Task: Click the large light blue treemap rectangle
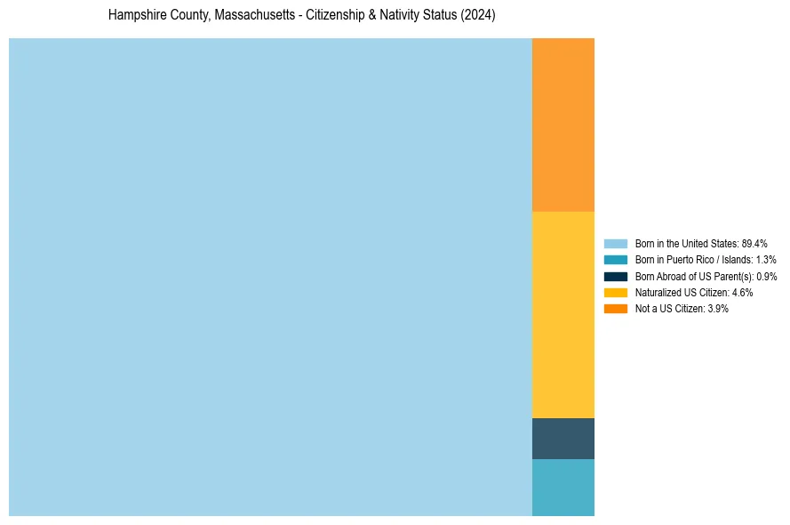[x=270, y=277]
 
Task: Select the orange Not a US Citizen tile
[x=563, y=125]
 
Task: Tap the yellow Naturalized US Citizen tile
[x=563, y=314]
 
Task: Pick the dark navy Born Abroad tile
[x=563, y=438]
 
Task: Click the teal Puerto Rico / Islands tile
[x=563, y=487]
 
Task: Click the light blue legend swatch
[x=615, y=243]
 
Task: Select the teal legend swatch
[x=615, y=260]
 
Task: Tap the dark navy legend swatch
[x=615, y=276]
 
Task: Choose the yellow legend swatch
[x=615, y=292]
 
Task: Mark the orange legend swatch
[x=615, y=308]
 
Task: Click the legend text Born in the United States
[x=686, y=243]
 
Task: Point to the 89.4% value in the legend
[x=754, y=243]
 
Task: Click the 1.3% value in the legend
[x=765, y=260]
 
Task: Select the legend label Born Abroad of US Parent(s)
[x=693, y=276]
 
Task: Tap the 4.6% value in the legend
[x=742, y=292]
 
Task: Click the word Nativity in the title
[x=399, y=16]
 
